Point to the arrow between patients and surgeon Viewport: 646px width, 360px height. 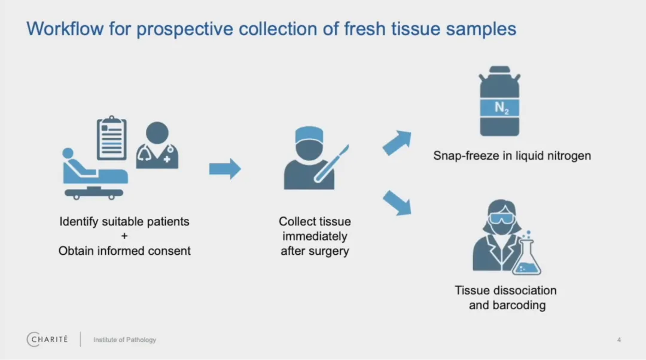click(x=224, y=169)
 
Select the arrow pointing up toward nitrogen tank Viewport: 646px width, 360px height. click(x=397, y=143)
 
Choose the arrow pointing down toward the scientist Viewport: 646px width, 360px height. click(x=397, y=202)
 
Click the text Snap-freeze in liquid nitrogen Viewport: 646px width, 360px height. click(x=512, y=155)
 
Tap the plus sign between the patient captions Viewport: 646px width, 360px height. click(x=124, y=236)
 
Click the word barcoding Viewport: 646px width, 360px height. click(x=507, y=305)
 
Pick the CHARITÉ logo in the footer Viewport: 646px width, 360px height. click(x=47, y=339)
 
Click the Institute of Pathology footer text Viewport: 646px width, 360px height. click(x=124, y=340)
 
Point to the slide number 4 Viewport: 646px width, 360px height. click(x=619, y=340)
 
